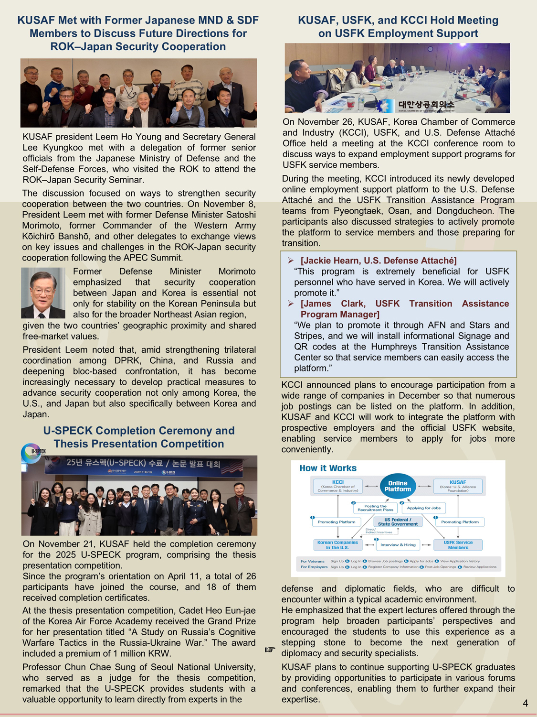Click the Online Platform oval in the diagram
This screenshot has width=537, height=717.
(398, 486)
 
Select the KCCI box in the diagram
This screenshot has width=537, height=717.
(338, 486)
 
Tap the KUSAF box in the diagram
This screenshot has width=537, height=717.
(458, 486)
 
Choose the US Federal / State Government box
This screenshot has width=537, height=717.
(398, 522)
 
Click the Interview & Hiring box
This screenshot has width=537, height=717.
(398, 544)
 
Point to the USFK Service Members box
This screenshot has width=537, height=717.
(458, 545)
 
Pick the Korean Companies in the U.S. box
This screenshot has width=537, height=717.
(337, 545)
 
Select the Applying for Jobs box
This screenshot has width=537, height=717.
(424, 508)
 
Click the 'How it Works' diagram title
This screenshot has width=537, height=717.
(328, 468)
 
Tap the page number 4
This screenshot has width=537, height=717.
(525, 703)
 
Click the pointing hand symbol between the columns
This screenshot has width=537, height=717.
(270, 650)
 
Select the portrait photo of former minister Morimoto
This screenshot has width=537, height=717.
(43, 293)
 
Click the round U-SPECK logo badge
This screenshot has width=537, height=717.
(32, 453)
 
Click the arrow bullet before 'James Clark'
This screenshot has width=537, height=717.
(290, 304)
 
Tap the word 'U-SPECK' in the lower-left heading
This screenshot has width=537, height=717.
(67, 431)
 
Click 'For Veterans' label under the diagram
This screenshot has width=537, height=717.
(313, 561)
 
